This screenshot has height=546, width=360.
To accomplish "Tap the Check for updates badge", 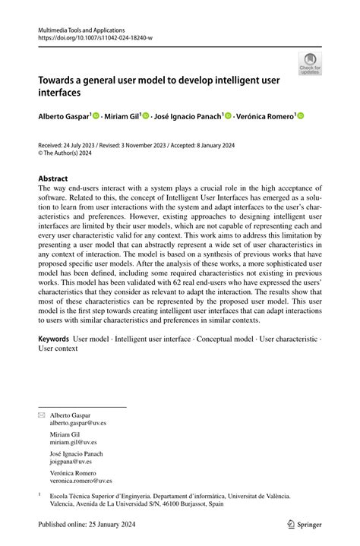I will (x=310, y=64).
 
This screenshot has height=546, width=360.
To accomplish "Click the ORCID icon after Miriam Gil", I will (x=147, y=115).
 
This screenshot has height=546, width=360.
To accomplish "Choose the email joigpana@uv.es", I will (x=71, y=462).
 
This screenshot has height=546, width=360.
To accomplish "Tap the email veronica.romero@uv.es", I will (x=81, y=480).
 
